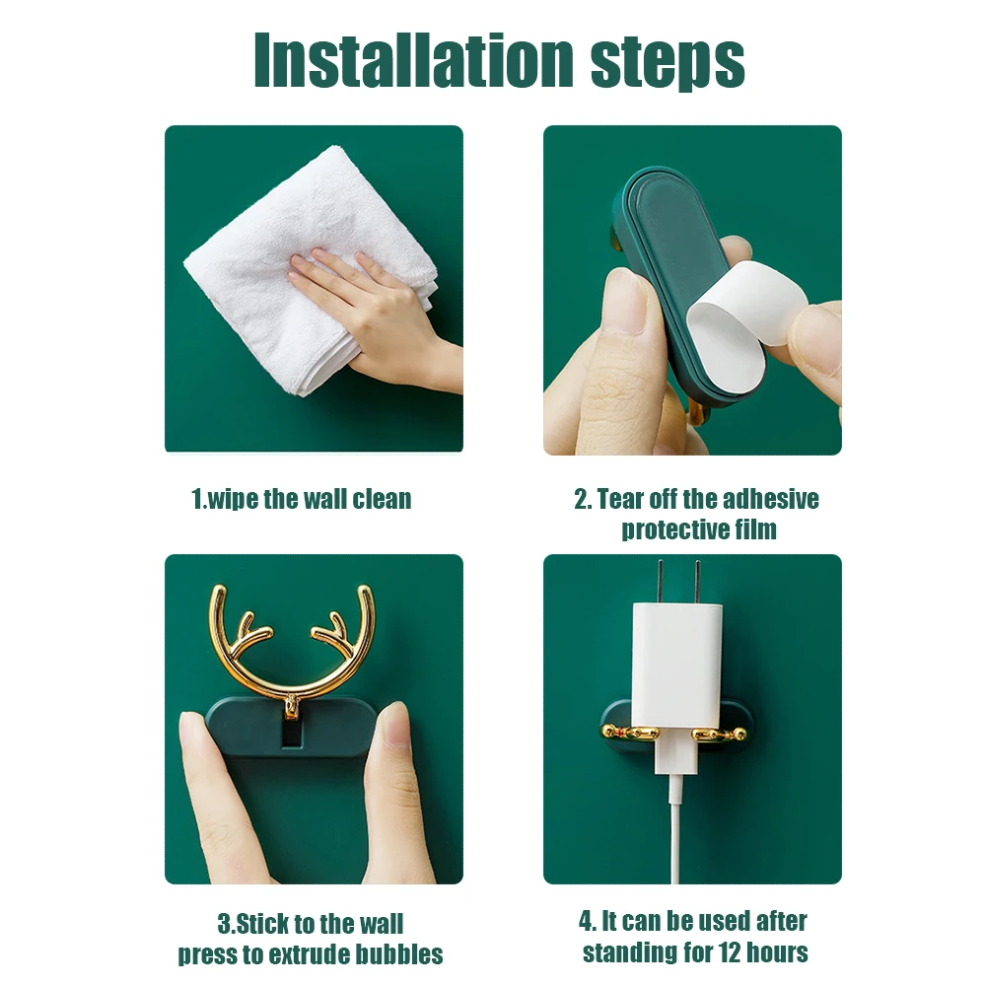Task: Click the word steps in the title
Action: click(x=668, y=63)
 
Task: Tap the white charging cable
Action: click(x=676, y=829)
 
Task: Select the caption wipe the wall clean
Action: click(x=301, y=499)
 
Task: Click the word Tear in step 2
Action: click(x=621, y=499)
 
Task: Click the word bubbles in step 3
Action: click(x=399, y=954)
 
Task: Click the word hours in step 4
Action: click(x=779, y=952)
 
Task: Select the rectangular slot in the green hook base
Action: click(x=291, y=735)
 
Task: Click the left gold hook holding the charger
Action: click(x=629, y=733)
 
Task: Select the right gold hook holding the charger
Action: click(x=720, y=734)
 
